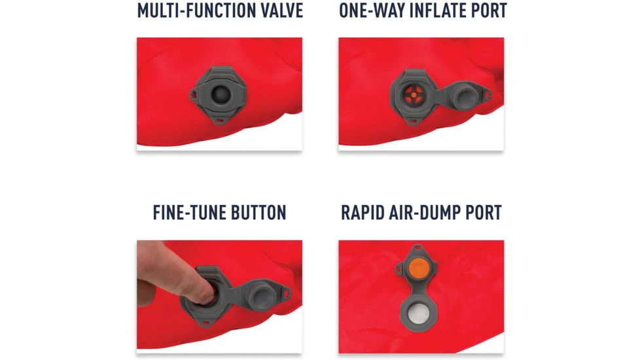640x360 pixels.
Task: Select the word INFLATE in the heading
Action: tap(438, 10)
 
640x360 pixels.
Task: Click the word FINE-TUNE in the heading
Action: tap(189, 213)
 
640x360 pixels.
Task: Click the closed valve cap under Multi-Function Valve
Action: tap(221, 95)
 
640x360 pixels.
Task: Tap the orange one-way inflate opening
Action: tap(414, 95)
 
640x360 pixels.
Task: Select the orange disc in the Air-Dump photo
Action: tap(418, 269)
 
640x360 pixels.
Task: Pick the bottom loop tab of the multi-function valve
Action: tap(220, 121)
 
